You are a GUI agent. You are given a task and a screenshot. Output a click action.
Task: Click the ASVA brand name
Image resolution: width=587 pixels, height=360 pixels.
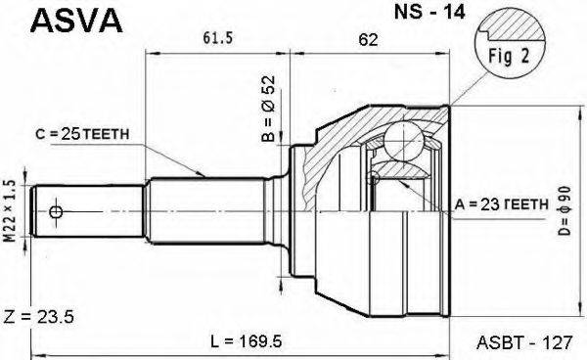[76, 21]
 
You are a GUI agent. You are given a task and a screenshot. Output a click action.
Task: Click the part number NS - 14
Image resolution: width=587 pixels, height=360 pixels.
[429, 12]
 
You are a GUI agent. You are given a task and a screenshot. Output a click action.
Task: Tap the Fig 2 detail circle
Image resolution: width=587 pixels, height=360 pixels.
[509, 45]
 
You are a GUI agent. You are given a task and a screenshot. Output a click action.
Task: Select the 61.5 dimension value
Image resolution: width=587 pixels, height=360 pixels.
[218, 38]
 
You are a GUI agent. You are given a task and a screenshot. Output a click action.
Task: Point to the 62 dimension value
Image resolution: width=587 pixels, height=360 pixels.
[368, 40]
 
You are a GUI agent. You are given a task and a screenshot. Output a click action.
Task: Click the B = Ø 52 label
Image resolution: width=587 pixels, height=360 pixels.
[269, 109]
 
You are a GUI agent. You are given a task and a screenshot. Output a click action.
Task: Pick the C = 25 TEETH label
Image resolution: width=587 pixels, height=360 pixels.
[82, 134]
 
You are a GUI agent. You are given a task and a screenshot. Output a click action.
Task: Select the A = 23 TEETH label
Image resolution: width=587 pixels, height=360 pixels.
[502, 204]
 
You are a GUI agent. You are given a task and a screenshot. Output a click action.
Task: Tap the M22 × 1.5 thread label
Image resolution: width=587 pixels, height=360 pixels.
[11, 211]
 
